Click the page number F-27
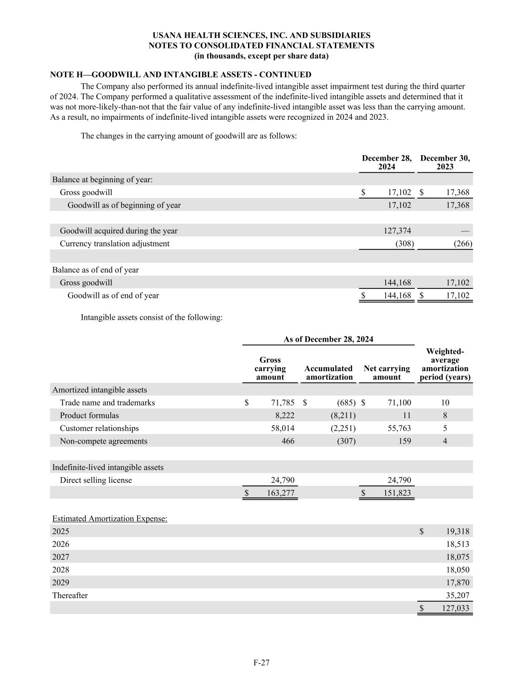pos(261,663)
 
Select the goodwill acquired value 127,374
pos(397,230)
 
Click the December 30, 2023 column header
pos(445,163)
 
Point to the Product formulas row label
pos(89,415)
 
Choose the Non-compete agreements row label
pos(103,441)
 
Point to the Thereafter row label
pos(70,595)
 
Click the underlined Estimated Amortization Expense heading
pos(110,518)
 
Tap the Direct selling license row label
pos(96,480)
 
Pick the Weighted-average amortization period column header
pos(445,365)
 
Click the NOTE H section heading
pos(181,75)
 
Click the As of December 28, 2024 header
pos(328,339)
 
